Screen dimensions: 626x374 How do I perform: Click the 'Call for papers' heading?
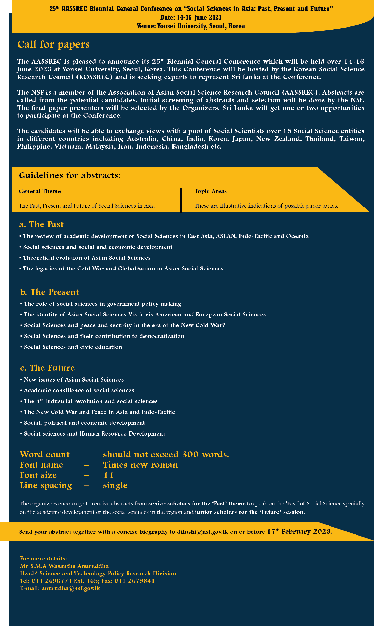click(x=53, y=44)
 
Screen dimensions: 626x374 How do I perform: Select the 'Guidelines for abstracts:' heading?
click(x=70, y=175)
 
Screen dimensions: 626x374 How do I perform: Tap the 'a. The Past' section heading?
click(x=41, y=224)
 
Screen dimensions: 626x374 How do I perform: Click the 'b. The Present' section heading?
click(x=50, y=292)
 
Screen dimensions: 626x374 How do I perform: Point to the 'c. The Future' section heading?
click(x=47, y=368)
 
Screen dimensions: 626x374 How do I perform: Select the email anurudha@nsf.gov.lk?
click(x=71, y=588)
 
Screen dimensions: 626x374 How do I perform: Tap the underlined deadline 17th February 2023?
click(x=300, y=531)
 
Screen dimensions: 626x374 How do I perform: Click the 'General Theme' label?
click(x=40, y=191)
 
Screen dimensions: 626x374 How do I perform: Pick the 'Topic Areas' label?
click(x=210, y=191)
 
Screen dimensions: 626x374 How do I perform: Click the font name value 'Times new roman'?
click(x=140, y=465)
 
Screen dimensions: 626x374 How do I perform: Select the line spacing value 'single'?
click(x=115, y=485)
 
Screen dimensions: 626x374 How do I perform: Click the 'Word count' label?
click(x=45, y=455)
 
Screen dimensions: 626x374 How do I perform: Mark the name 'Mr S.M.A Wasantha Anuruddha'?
click(x=64, y=566)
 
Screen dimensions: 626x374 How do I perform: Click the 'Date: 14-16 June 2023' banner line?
click(x=191, y=17)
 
